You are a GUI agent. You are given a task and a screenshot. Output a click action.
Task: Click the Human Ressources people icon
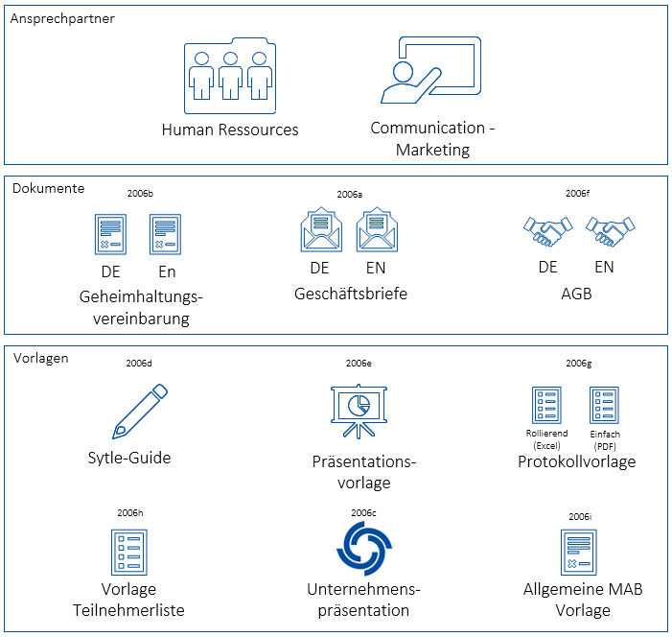[x=229, y=75]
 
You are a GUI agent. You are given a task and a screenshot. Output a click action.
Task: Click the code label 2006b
[x=139, y=195]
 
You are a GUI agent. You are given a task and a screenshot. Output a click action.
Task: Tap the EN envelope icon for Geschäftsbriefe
[x=376, y=231]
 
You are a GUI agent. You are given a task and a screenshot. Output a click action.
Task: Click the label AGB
[x=576, y=295]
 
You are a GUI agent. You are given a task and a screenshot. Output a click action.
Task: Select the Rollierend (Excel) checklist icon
[x=546, y=406]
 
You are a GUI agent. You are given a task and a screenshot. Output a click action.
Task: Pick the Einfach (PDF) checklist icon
[x=605, y=406]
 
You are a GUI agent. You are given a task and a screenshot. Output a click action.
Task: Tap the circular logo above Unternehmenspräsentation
[x=363, y=550]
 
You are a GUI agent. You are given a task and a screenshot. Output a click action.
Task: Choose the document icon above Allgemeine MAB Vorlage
[x=579, y=552]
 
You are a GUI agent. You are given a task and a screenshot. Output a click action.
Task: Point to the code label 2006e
[x=359, y=364]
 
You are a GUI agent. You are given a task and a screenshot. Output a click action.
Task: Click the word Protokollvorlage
[x=576, y=462]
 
